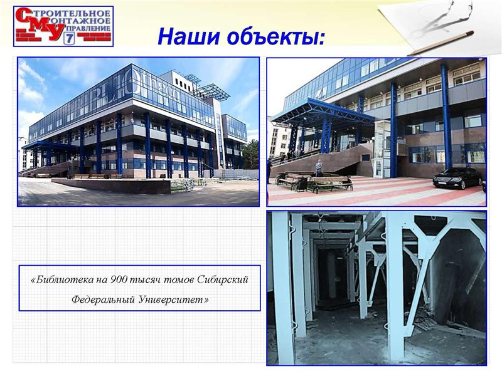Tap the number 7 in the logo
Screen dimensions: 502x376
pyautogui.click(x=69, y=39)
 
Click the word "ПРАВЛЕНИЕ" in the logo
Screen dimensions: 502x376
pyautogui.click(x=91, y=28)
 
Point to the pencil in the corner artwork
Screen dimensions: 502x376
pyautogui.click(x=441, y=43)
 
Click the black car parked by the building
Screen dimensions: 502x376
pyautogui.click(x=457, y=178)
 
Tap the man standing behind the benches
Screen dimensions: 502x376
pyautogui.click(x=319, y=168)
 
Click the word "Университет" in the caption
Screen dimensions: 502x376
pyautogui.click(x=174, y=300)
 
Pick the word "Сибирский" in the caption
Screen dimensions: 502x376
pyautogui.click(x=223, y=279)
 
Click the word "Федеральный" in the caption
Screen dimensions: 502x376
pyautogui.click(x=103, y=300)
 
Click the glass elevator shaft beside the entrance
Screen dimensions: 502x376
pyautogui.click(x=383, y=149)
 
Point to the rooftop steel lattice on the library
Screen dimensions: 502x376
pyautogui.click(x=208, y=86)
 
